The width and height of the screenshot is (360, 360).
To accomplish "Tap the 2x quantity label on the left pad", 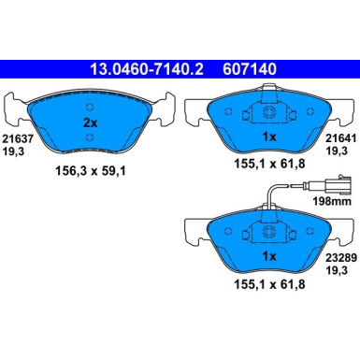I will tap(91, 123).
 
